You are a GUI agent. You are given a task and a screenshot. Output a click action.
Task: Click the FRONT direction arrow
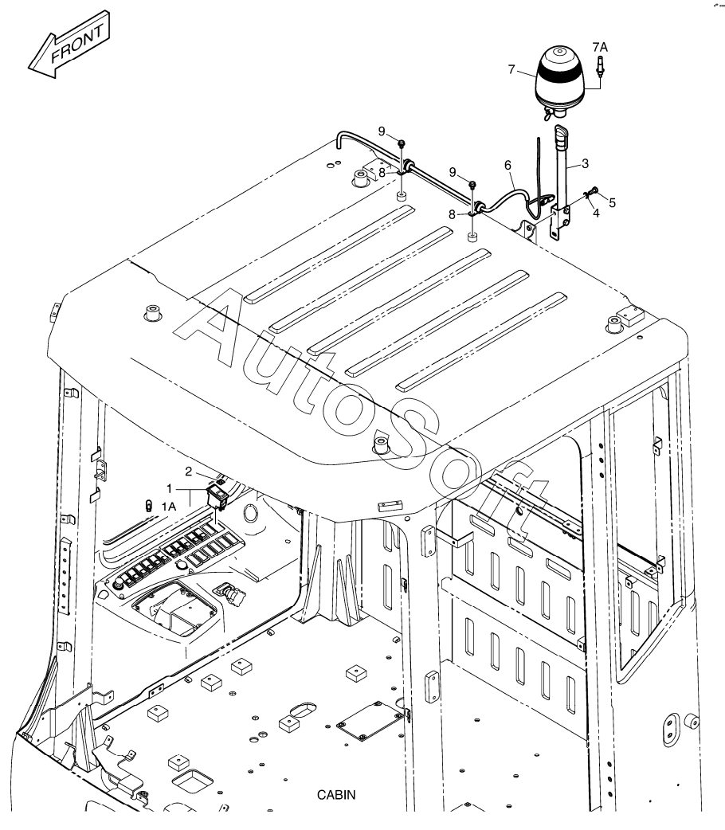(x=69, y=44)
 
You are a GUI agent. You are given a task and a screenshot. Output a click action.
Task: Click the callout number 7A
(x=600, y=47)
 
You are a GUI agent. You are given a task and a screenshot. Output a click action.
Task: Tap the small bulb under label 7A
(x=601, y=66)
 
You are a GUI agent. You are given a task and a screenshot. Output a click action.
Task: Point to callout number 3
(x=585, y=163)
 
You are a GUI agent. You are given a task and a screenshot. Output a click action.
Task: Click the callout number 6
(x=507, y=166)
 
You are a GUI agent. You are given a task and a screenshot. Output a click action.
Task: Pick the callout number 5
(x=612, y=203)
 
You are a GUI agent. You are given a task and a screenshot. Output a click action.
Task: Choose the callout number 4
(x=596, y=213)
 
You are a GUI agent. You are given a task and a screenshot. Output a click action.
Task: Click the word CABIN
(x=336, y=794)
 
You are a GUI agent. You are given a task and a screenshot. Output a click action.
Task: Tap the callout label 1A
(x=168, y=507)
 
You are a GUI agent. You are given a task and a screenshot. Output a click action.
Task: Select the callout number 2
(x=188, y=472)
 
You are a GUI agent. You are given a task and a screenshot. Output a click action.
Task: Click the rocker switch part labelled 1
(x=217, y=498)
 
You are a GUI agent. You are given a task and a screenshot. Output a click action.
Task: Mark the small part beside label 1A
(x=149, y=506)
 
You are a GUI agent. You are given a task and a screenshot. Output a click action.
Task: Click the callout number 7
(x=511, y=69)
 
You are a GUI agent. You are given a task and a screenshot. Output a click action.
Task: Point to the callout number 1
(x=170, y=488)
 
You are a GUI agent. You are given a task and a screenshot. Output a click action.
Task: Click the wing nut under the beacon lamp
(x=552, y=113)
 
